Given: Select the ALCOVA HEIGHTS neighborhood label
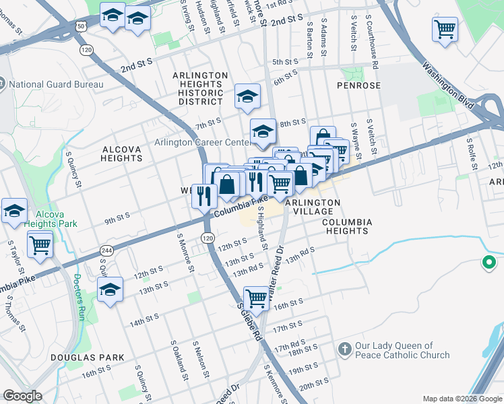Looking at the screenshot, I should pyautogui.click(x=122, y=154).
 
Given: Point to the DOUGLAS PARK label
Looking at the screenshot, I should pyautogui.click(x=94, y=357).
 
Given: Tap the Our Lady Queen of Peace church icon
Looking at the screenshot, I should pyautogui.click(x=344, y=349).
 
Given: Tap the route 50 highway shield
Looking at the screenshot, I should pyautogui.click(x=80, y=26).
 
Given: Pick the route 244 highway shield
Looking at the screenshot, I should pyautogui.click(x=106, y=250).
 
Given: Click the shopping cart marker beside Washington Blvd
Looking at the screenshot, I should pyautogui.click(x=444, y=29).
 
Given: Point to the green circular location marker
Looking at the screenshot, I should pyautogui.click(x=490, y=263).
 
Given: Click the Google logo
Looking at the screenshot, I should pyautogui.click(x=23, y=396).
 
